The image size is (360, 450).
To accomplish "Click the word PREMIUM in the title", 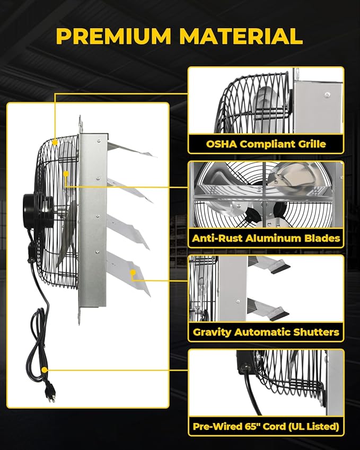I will [x=113, y=36].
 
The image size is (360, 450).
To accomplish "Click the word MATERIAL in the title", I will [x=241, y=36].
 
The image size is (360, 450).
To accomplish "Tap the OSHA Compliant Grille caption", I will [x=266, y=144].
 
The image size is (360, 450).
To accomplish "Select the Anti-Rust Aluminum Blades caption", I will [x=266, y=238].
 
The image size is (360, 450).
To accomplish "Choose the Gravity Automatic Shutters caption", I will [x=266, y=332].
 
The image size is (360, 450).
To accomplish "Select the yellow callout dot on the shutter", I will [x=134, y=272].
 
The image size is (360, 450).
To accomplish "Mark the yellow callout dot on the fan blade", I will [x=66, y=172].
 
